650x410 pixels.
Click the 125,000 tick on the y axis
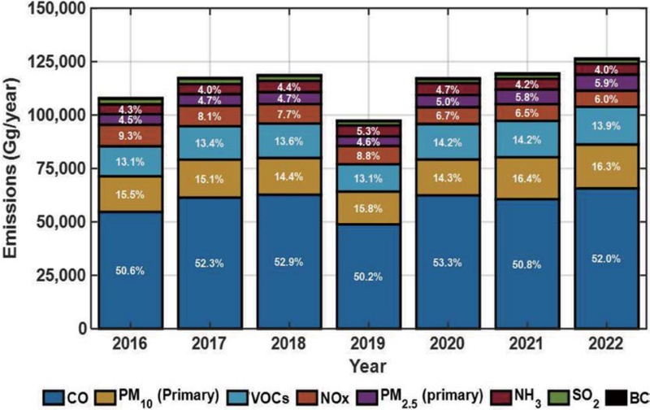(59, 62)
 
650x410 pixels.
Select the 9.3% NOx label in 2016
(130, 136)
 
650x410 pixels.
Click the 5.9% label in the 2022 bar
(604, 82)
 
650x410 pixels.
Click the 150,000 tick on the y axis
(59, 8)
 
